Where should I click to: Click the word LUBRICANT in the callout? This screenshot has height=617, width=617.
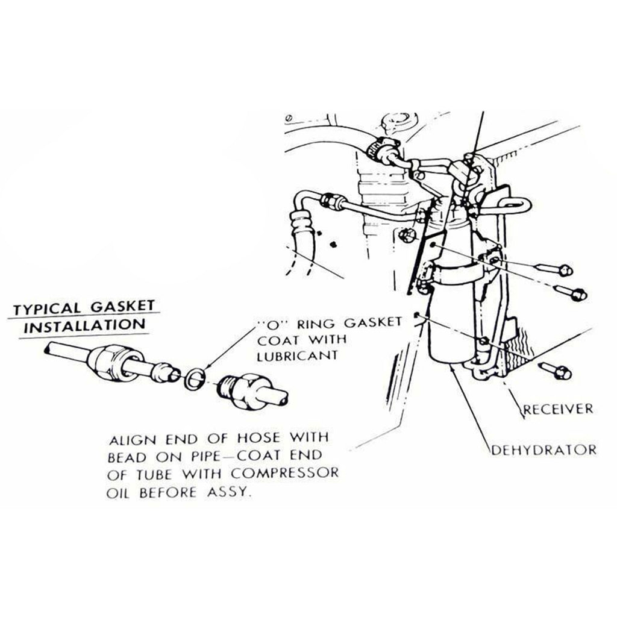click(298, 355)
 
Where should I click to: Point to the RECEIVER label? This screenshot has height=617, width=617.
click(557, 409)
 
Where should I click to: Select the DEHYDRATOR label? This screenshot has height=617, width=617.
click(544, 449)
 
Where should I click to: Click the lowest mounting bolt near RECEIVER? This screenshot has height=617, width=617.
click(555, 371)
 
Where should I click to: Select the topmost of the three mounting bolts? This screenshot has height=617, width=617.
click(555, 269)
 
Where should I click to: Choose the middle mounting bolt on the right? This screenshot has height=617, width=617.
click(570, 293)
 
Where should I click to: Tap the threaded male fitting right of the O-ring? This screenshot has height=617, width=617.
click(252, 390)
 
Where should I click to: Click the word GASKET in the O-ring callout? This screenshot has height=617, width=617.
click(372, 323)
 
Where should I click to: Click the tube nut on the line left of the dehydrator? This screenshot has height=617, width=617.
click(333, 201)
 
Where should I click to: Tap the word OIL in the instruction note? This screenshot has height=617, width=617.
click(117, 493)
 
